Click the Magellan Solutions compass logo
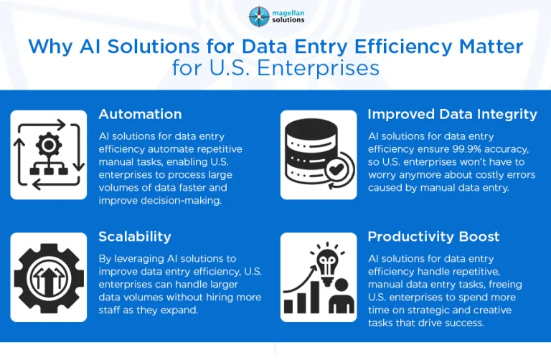tap(260, 16)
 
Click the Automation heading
tap(140, 114)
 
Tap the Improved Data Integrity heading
tap(452, 114)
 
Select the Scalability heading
tap(134, 236)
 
